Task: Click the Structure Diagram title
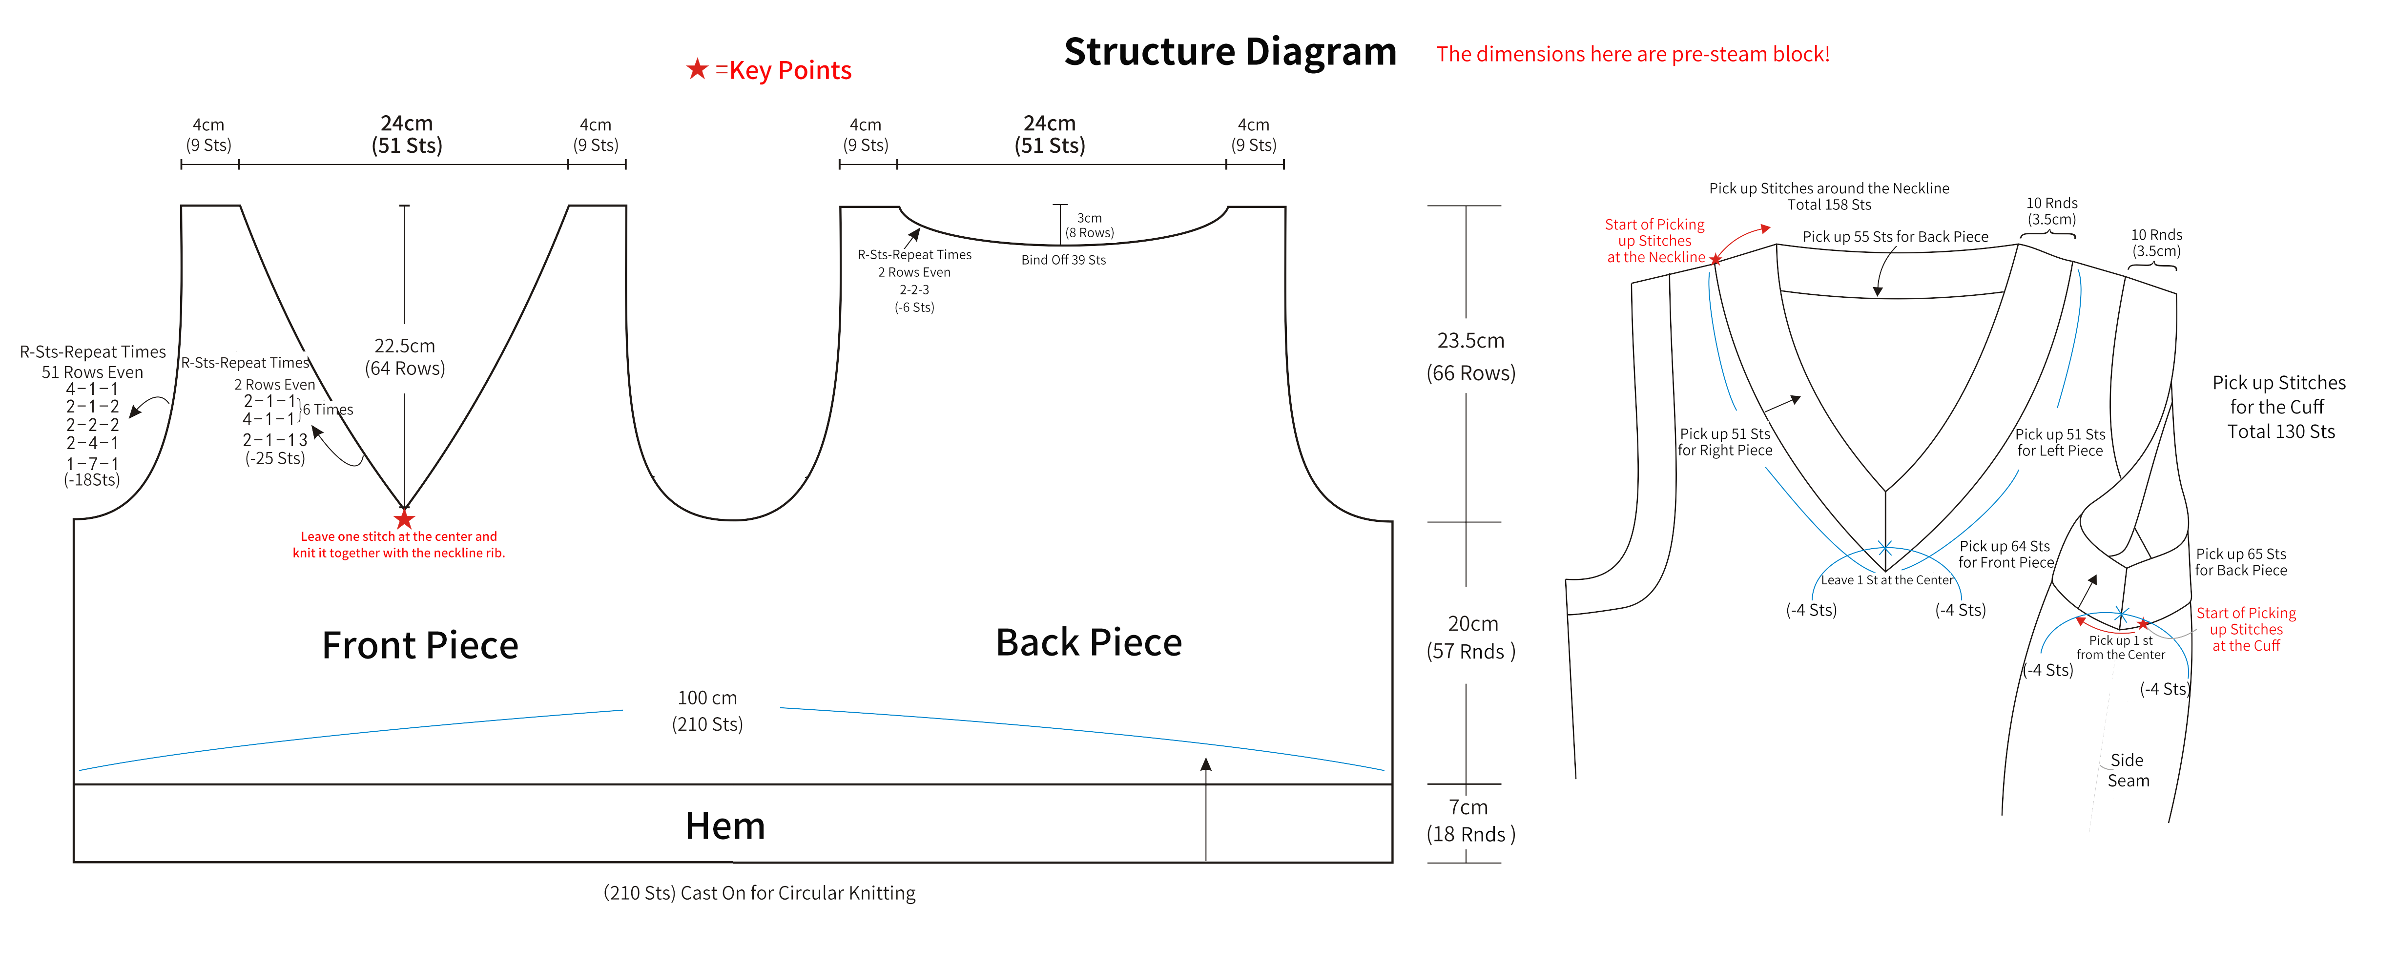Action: tap(1230, 52)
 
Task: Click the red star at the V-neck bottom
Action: tap(404, 518)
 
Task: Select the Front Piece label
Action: tap(420, 645)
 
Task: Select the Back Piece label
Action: tap(1089, 642)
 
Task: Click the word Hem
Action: tap(725, 825)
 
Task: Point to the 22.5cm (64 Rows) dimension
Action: tap(405, 356)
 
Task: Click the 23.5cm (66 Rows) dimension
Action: tap(1471, 356)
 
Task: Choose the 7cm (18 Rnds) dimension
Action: tap(1471, 820)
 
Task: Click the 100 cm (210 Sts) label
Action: tap(707, 710)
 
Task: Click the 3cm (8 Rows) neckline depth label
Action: tap(1089, 225)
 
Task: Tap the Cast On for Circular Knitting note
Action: tap(760, 892)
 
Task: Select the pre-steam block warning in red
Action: tap(1633, 54)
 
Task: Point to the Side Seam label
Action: tap(2128, 770)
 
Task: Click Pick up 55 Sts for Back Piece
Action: tap(1895, 236)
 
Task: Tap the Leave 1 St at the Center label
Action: tap(1887, 580)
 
